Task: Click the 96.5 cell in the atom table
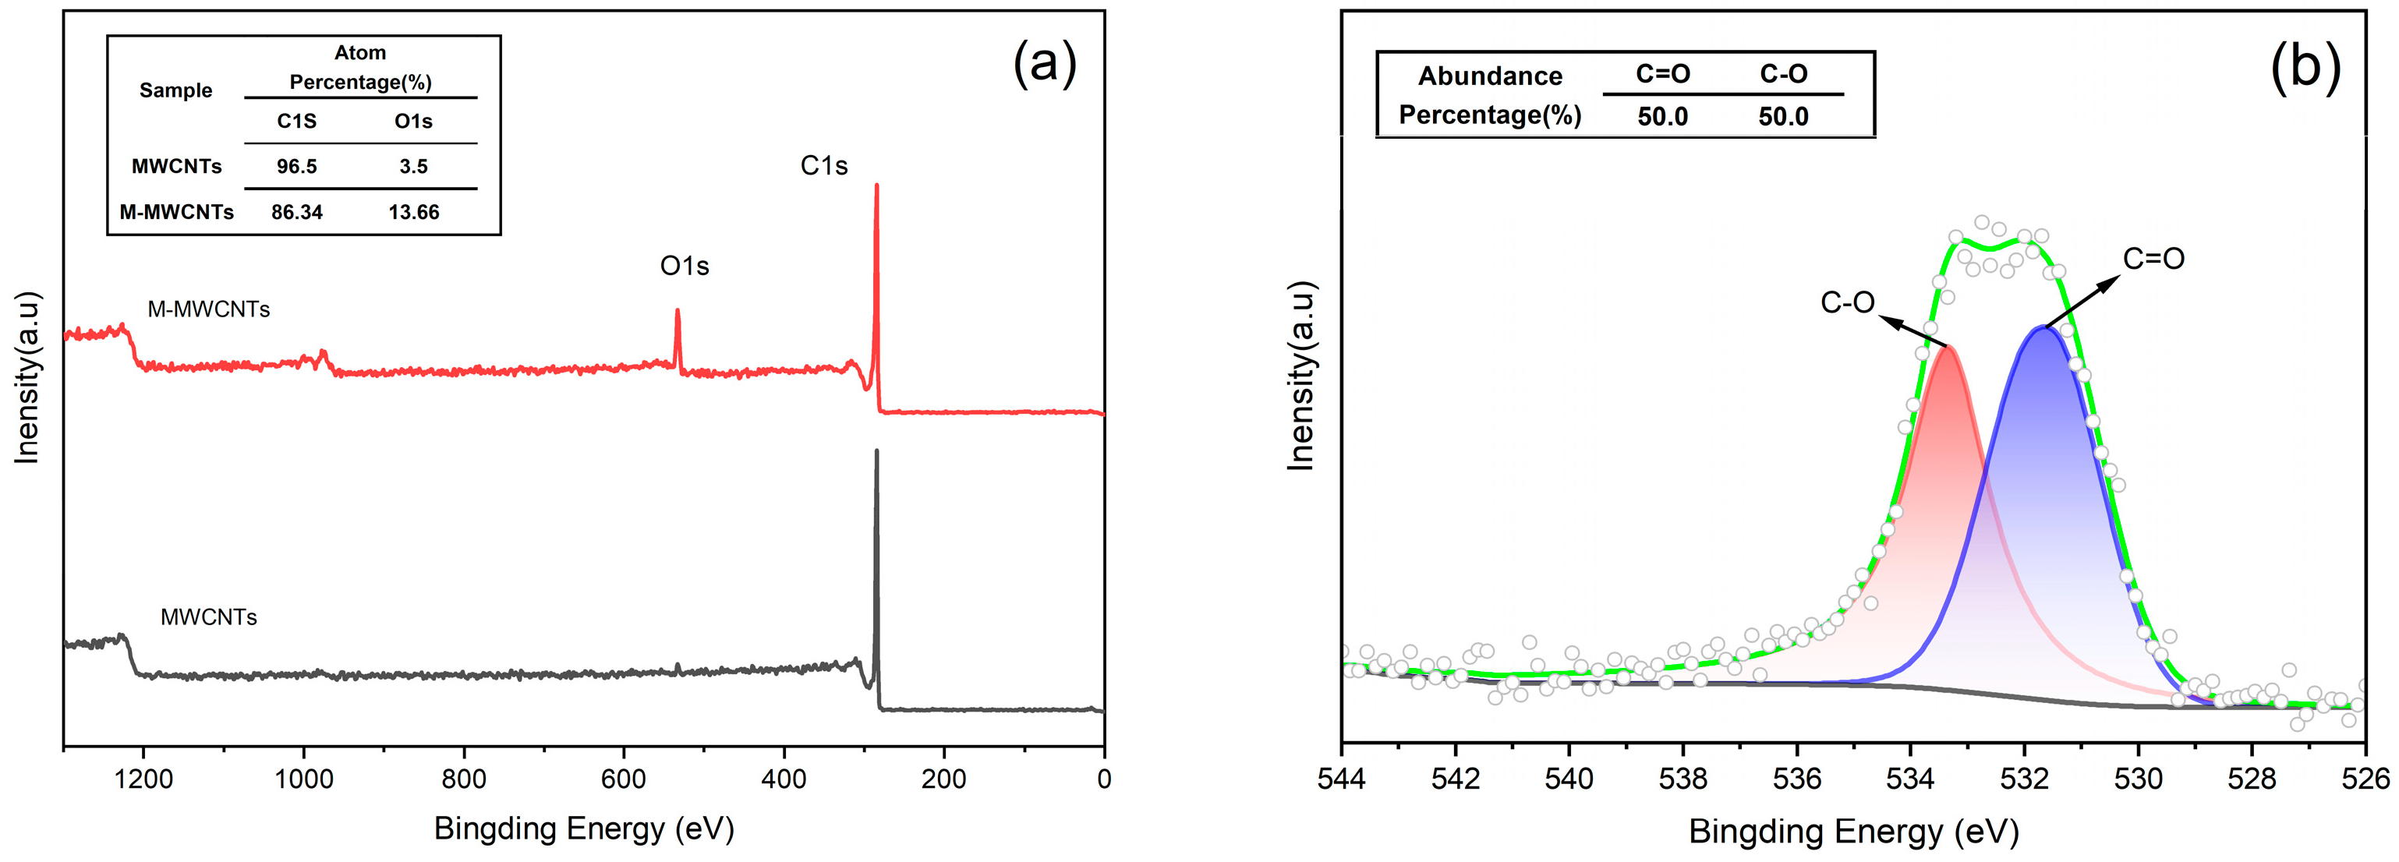(x=296, y=167)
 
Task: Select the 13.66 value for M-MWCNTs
(x=413, y=212)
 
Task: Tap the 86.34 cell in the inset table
(x=296, y=212)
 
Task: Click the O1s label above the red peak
(x=685, y=267)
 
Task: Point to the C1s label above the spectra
(x=824, y=166)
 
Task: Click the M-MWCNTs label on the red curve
(x=209, y=309)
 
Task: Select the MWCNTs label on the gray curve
(x=209, y=617)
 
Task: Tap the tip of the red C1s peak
(x=876, y=185)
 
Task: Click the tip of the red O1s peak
(x=677, y=310)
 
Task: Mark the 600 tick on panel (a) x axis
(x=624, y=779)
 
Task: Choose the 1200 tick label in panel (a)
(x=143, y=779)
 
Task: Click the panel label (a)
(x=1045, y=63)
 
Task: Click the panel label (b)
(x=2305, y=67)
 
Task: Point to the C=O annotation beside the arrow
(x=2153, y=258)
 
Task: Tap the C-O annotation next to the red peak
(x=1847, y=302)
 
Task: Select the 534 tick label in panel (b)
(x=1910, y=779)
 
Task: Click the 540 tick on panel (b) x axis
(x=1569, y=779)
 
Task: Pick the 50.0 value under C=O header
(x=1662, y=116)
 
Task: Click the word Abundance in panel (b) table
(x=1489, y=76)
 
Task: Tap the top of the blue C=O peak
(x=2043, y=327)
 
